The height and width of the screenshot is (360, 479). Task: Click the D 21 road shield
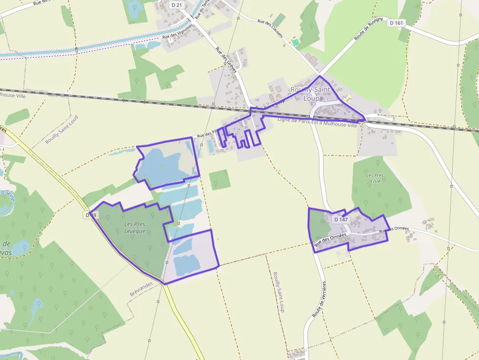(x=176, y=4)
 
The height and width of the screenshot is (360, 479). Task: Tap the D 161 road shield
(x=397, y=23)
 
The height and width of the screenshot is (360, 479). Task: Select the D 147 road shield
(x=341, y=219)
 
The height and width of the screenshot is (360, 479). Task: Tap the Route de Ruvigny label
(x=362, y=36)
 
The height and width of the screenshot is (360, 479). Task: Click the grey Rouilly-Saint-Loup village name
(x=311, y=94)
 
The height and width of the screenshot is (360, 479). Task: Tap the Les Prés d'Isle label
(x=374, y=178)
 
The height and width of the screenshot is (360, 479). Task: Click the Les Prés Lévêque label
(x=134, y=228)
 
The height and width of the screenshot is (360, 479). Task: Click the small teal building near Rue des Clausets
(x=295, y=43)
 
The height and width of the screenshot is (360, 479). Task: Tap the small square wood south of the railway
(x=219, y=180)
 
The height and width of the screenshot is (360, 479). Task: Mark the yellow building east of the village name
(x=348, y=99)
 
